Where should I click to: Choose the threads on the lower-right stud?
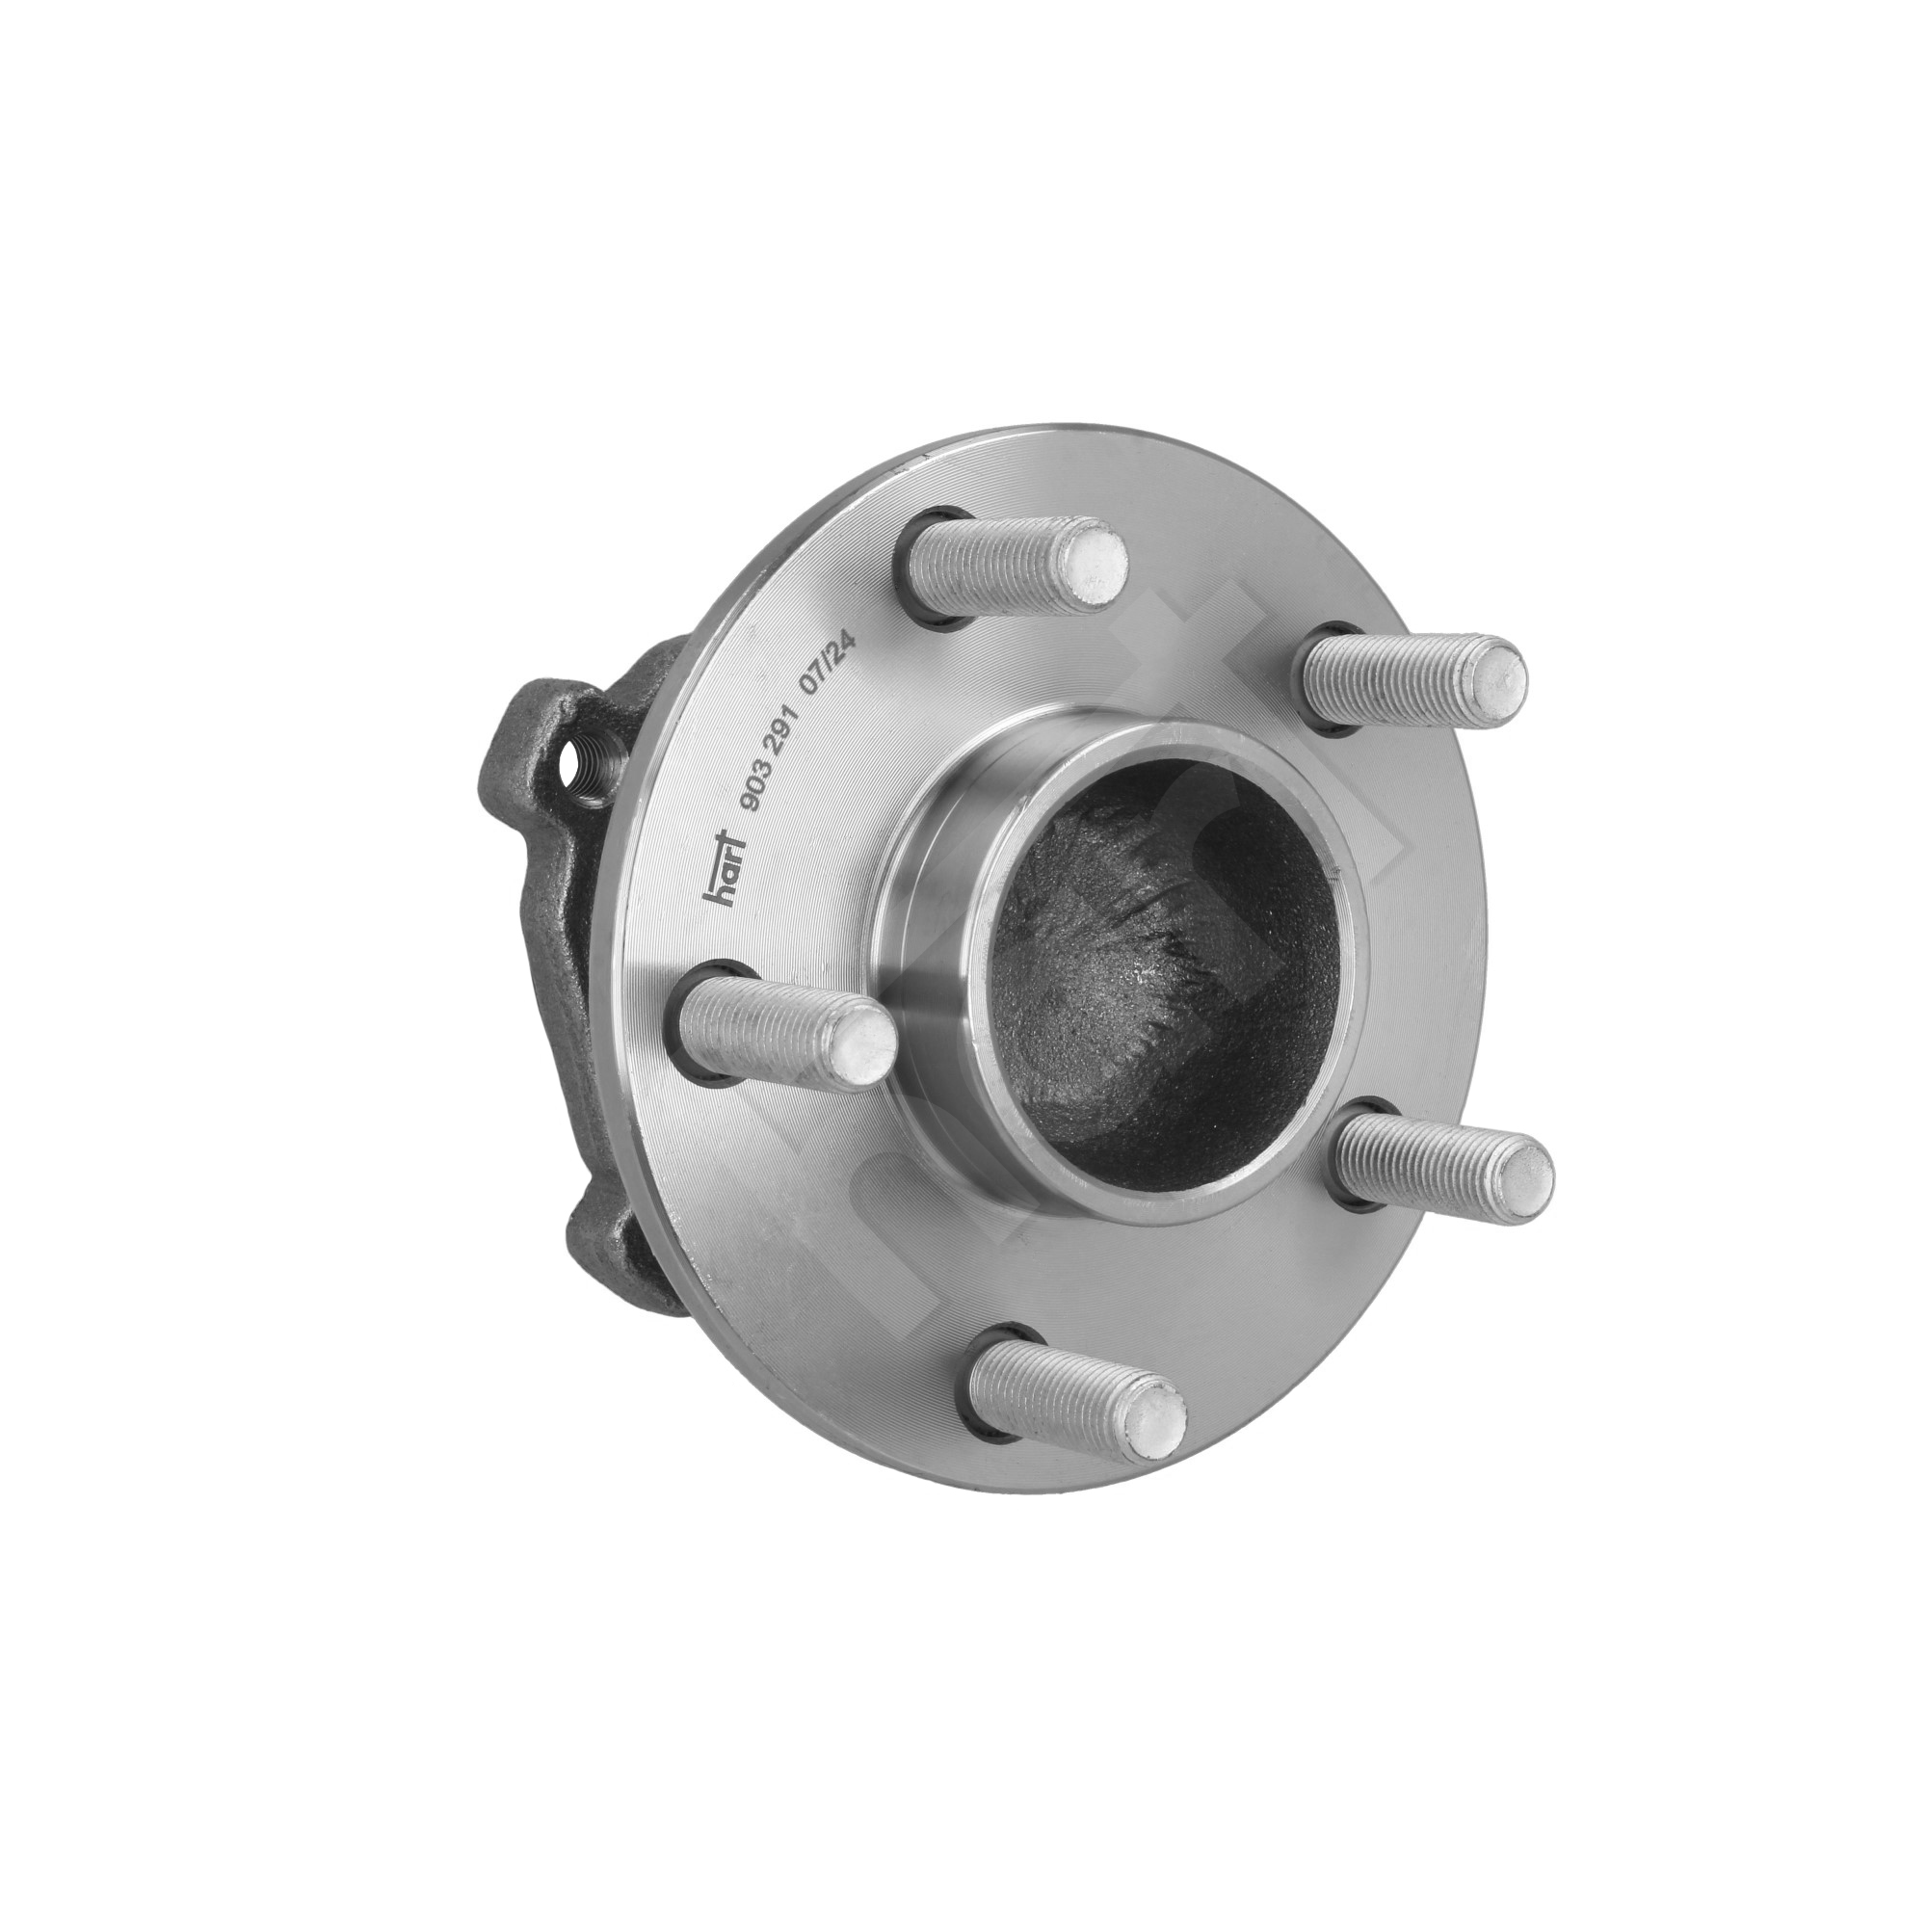(x=1416, y=1157)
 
